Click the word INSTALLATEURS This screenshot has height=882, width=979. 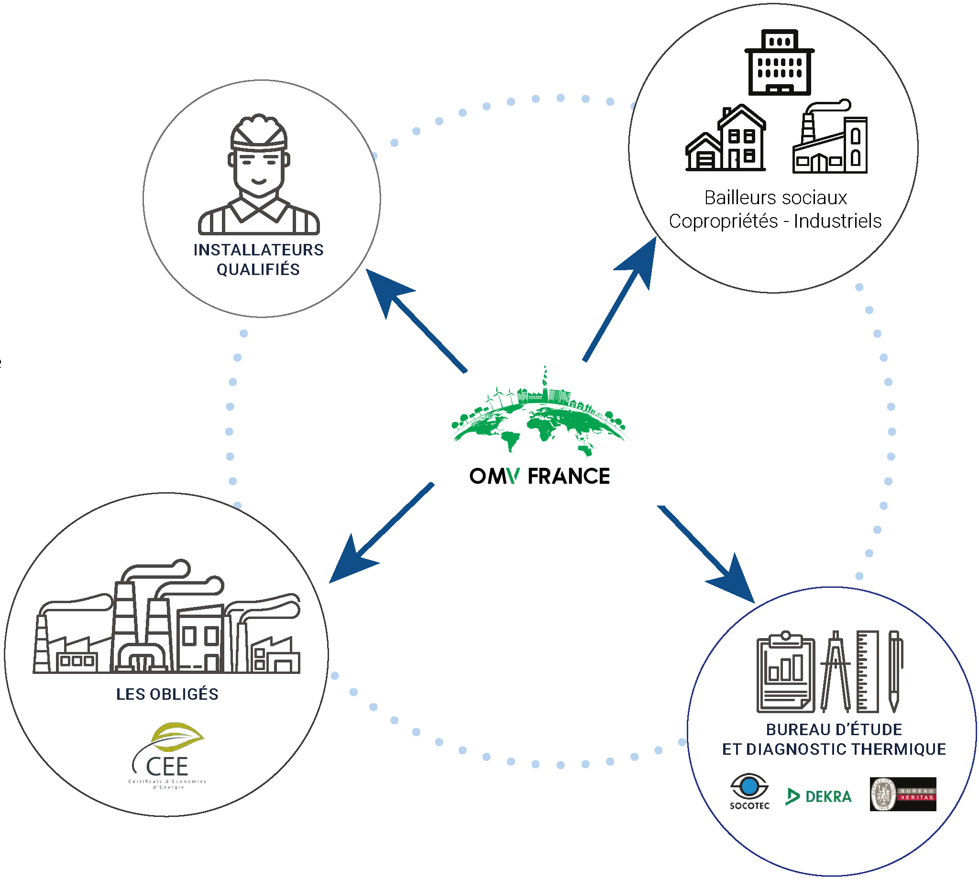[x=258, y=250]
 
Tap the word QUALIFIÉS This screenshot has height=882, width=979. [x=258, y=269]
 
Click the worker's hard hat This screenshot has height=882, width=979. [x=259, y=132]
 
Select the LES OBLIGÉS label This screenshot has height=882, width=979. [x=167, y=694]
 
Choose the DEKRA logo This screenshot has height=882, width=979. [x=819, y=796]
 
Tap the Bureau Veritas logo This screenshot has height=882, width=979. [x=903, y=794]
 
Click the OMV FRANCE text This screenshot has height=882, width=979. [x=539, y=476]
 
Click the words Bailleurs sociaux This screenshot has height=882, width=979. [x=775, y=198]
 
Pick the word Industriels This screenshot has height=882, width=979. [x=837, y=221]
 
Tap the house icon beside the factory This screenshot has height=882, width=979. [x=726, y=140]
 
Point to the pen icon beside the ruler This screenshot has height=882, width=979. [x=895, y=671]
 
